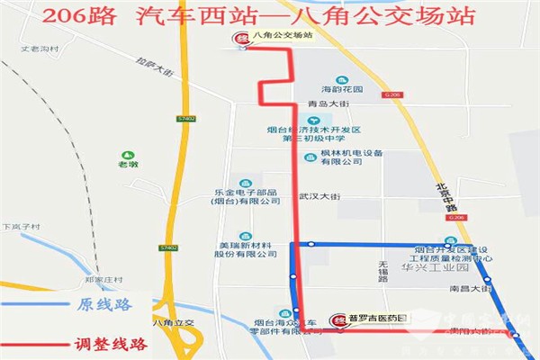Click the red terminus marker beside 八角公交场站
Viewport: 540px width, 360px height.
point(241,39)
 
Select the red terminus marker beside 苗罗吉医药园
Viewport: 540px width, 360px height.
point(339,319)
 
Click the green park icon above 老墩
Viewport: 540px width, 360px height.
point(130,152)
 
